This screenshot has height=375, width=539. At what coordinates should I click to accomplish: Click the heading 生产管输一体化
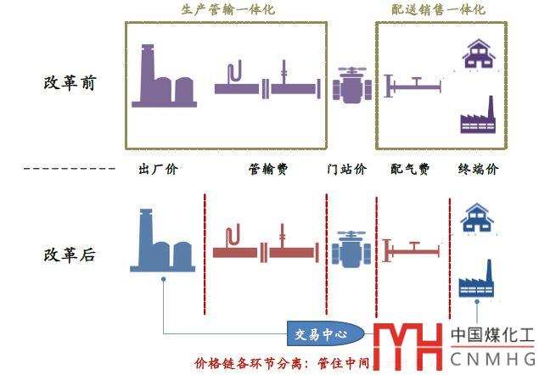[228, 10]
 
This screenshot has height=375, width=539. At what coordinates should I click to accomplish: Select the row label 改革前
[70, 83]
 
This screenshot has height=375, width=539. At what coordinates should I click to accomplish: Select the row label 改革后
[70, 255]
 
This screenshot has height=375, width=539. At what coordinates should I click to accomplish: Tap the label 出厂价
[159, 169]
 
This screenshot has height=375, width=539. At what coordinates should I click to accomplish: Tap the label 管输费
[268, 169]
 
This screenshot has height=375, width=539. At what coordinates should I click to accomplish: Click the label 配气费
[412, 169]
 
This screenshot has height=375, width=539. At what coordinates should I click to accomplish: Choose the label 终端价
[478, 169]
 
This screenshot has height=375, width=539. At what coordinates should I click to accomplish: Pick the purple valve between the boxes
[350, 85]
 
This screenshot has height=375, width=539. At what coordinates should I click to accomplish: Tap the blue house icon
[477, 217]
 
